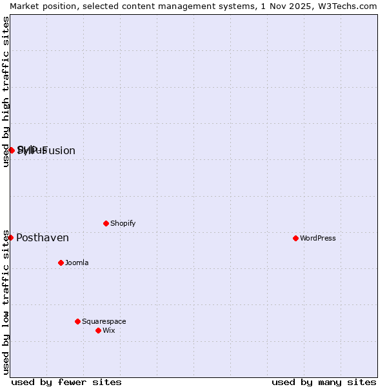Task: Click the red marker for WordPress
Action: pos(295,238)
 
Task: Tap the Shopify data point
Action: pos(106,223)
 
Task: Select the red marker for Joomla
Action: pos(61,263)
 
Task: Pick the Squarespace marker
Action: pos(77,321)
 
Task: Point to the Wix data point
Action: pos(98,330)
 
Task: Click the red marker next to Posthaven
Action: pos(10,237)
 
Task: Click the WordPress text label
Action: pos(318,238)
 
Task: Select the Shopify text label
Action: pos(123,223)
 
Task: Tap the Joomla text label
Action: pos(77,263)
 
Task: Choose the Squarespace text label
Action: pos(104,321)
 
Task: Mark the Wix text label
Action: pos(108,330)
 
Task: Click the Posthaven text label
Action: pos(43,238)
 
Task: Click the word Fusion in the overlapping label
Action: pos(59,151)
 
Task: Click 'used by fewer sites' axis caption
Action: pos(66,382)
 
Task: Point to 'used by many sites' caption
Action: pos(324,382)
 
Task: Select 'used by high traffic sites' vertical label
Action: pos(6,92)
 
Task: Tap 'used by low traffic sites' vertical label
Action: pos(6,302)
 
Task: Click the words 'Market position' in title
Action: pos(39,6)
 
